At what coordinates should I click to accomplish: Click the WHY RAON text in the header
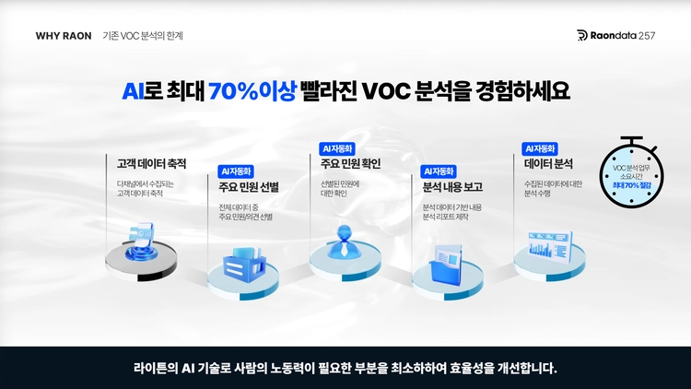(x=64, y=36)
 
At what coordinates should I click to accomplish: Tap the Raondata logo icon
(x=582, y=35)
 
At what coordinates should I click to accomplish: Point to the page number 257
(x=647, y=36)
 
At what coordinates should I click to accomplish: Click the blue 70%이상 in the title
(x=252, y=91)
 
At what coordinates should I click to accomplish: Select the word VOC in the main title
(x=386, y=91)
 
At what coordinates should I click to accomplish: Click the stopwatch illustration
(x=631, y=172)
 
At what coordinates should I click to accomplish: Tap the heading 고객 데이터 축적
(x=152, y=164)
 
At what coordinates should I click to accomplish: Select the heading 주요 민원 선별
(x=249, y=187)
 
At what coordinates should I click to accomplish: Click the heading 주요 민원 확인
(x=350, y=164)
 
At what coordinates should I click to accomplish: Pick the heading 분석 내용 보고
(x=452, y=187)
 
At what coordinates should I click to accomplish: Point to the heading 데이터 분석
(x=548, y=164)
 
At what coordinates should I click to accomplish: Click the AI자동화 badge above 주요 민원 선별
(x=236, y=171)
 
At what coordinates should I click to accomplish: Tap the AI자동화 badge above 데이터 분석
(x=540, y=148)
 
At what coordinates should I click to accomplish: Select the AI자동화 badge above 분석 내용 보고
(x=439, y=171)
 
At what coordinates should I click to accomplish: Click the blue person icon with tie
(x=345, y=242)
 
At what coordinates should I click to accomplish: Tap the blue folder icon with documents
(x=446, y=264)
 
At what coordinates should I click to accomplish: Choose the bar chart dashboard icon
(x=550, y=246)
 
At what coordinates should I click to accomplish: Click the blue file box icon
(x=244, y=265)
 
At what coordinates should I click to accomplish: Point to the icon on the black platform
(x=141, y=242)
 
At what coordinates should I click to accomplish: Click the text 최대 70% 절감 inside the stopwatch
(x=631, y=185)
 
